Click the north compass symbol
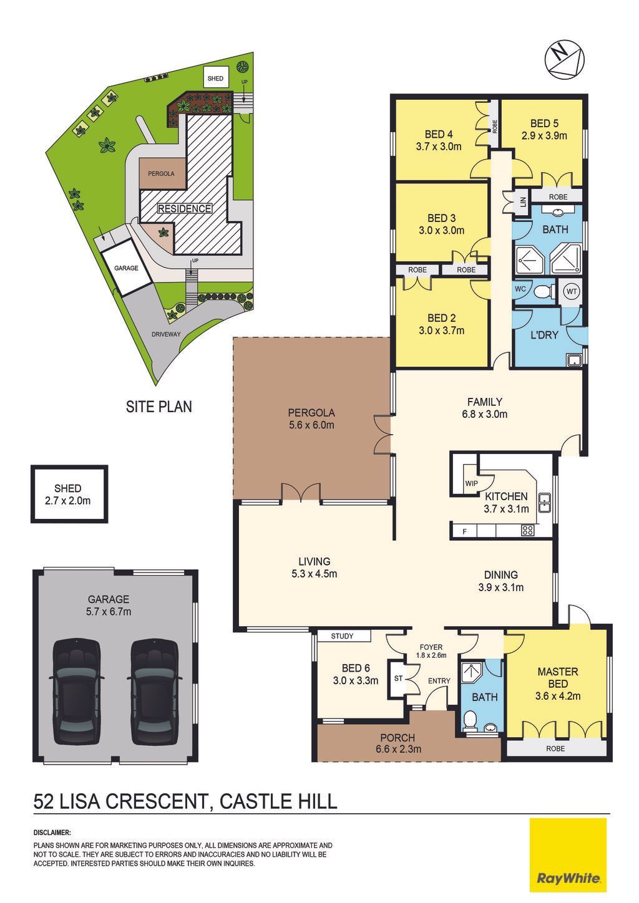pos(564,59)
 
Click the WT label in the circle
pos(572,291)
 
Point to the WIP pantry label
pos(471,483)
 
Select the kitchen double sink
pos(545,502)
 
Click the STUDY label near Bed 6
pos(342,636)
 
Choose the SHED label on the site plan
pos(215,78)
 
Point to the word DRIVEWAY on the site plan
pos(166,334)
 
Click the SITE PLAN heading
pos(159,407)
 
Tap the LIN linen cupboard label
pos(523,201)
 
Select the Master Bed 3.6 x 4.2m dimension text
pos(559,696)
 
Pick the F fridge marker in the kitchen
pos(464,531)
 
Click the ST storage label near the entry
pos(398,678)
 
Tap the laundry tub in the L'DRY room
pos(573,359)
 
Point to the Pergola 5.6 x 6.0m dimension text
pos(311,425)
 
